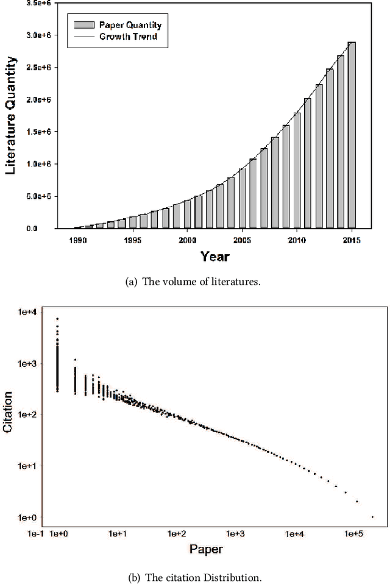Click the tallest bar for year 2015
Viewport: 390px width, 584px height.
(352, 135)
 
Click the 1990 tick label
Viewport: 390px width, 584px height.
(77, 240)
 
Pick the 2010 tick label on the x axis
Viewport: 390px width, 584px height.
(297, 240)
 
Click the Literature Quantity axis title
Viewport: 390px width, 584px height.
(12, 116)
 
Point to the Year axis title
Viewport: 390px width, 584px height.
(215, 257)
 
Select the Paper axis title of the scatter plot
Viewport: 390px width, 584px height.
(206, 549)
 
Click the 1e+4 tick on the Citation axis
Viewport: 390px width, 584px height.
(27, 312)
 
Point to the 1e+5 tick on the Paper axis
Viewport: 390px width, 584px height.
(353, 534)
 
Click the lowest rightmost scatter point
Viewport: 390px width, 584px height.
(372, 517)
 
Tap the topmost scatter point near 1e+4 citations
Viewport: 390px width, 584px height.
(57, 318)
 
